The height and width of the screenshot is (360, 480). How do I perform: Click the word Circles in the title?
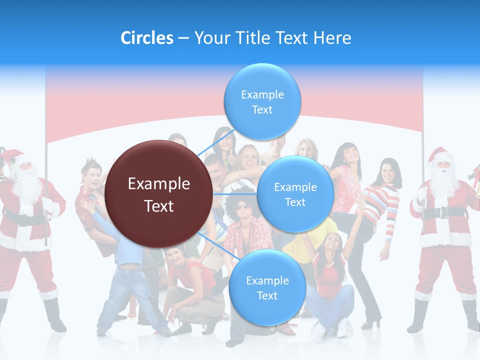point(146,38)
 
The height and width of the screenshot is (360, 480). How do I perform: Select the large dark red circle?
point(159,194)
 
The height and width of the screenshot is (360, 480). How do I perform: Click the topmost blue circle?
point(262,101)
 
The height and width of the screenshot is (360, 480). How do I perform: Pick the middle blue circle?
point(295,194)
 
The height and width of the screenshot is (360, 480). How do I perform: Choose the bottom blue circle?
point(267,287)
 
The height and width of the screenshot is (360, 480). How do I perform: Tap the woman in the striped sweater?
point(382,200)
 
